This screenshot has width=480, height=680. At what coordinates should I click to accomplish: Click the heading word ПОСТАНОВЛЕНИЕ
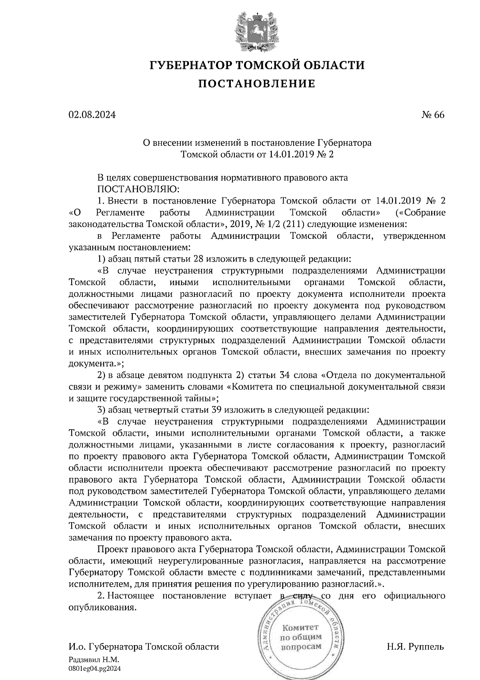coord(257,84)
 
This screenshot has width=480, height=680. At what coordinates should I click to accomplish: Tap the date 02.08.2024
coord(92,115)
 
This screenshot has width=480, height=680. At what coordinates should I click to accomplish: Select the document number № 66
coord(432,115)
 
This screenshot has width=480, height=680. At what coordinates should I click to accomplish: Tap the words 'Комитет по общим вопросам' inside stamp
coord(301,637)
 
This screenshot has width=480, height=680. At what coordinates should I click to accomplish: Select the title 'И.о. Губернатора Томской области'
coord(144,647)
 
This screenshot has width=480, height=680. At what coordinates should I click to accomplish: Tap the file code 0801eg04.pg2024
coord(94,668)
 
